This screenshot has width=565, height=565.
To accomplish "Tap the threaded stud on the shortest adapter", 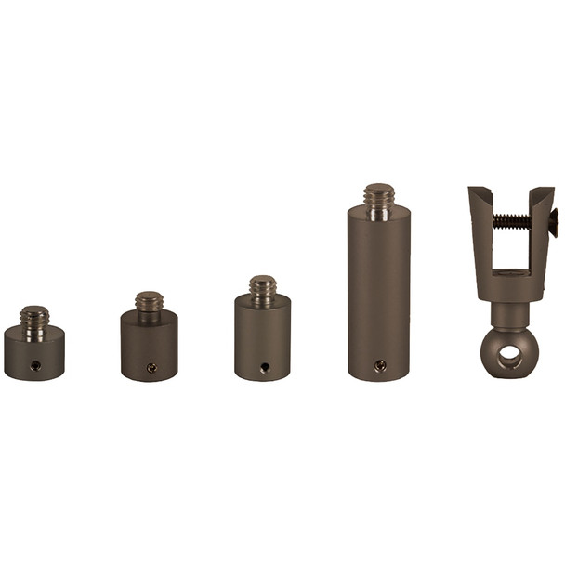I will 34,318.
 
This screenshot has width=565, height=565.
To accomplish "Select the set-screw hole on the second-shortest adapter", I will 151,368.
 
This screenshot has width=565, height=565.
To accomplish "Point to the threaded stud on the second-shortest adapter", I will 149,302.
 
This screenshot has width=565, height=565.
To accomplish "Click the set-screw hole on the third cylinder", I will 264,367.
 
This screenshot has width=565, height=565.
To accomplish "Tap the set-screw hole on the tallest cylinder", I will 379,366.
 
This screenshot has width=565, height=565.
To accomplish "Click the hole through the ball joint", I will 507,354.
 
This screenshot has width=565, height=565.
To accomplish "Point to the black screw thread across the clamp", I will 510,221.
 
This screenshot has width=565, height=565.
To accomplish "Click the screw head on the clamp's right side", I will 554,221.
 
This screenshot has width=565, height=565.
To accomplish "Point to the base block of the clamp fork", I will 507,283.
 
